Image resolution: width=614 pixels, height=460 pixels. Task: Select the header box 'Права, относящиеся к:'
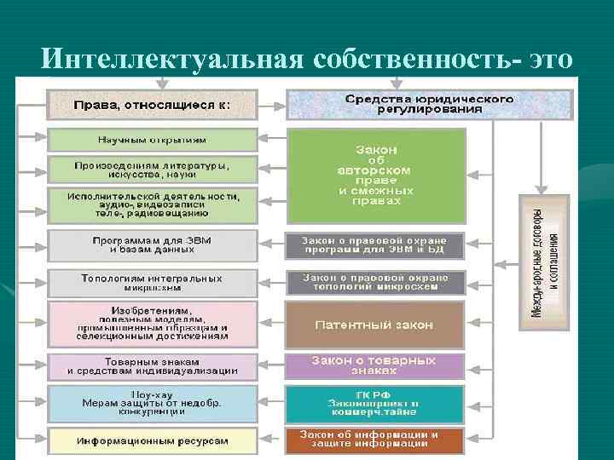[152, 105]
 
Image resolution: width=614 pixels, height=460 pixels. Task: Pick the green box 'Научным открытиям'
[152, 140]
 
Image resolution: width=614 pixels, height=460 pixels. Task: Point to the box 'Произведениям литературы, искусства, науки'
[152, 168]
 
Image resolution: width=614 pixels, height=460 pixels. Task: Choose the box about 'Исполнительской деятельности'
[152, 205]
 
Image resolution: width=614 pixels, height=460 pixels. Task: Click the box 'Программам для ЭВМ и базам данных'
[152, 245]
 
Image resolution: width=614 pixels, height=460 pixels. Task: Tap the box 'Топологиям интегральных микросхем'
[152, 283]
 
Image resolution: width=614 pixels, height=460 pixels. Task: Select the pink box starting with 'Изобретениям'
[152, 324]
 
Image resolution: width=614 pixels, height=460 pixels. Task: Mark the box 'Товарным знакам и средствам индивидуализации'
[152, 366]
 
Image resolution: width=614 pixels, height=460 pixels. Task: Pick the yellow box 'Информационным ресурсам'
[152, 441]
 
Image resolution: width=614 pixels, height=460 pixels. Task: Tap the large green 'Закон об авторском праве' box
[376, 175]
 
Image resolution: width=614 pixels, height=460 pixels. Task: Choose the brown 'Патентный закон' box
[374, 325]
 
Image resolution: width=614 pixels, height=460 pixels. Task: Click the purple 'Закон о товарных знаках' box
[374, 366]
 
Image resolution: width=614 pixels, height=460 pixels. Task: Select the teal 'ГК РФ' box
[374, 404]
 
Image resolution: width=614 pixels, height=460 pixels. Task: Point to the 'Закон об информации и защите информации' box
[374, 440]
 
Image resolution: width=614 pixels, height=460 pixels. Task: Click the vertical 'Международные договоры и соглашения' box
[544, 262]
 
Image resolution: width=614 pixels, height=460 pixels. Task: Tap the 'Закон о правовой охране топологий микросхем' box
[374, 283]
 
